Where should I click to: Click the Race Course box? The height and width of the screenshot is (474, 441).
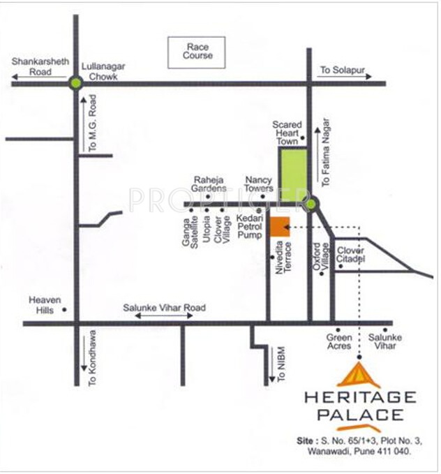click(197, 52)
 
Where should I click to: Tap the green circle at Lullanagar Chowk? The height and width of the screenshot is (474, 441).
click(76, 83)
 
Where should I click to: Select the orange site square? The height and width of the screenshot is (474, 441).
click(279, 227)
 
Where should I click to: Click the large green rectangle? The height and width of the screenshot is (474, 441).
click(292, 175)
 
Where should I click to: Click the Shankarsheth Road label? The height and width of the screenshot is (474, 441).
click(40, 66)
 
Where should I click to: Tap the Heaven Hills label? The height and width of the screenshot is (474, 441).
click(40, 304)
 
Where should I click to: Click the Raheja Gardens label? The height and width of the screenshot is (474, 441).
click(210, 183)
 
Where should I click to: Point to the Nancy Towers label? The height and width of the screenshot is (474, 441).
click(258, 184)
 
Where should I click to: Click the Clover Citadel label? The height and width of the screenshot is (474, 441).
click(351, 255)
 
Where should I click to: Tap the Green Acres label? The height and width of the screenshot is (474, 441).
click(340, 341)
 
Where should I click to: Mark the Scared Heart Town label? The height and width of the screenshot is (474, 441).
click(287, 133)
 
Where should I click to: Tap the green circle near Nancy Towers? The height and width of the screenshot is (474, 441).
click(311, 204)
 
